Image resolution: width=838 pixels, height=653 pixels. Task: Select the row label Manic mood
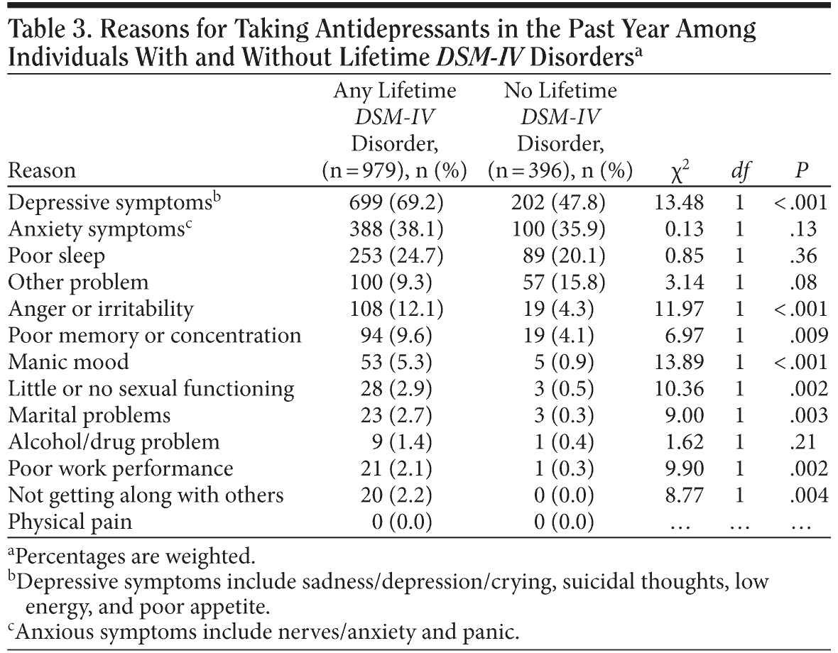(68, 362)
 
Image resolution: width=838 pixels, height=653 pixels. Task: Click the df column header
(739, 171)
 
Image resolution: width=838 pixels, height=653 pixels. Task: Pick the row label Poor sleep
(56, 256)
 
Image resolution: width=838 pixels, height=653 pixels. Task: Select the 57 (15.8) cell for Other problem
(559, 282)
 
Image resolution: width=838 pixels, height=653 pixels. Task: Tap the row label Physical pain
(70, 522)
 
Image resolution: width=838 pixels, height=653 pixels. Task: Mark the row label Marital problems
(89, 415)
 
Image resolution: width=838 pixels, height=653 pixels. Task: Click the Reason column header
(42, 171)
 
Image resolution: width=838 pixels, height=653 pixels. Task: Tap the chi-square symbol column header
(680, 171)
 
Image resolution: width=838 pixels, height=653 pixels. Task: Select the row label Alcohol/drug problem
(114, 441)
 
